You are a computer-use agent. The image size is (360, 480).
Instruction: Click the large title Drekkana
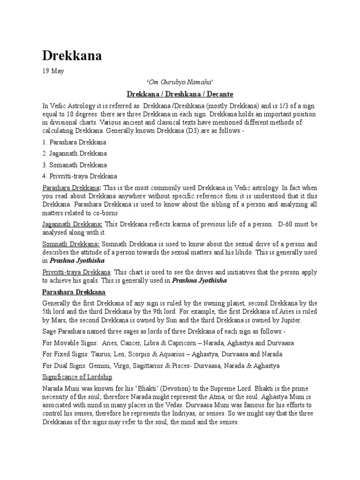pyautogui.click(x=72, y=57)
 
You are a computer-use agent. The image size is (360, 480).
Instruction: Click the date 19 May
pyautogui.click(x=52, y=71)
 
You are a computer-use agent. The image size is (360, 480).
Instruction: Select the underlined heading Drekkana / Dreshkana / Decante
pyautogui.click(x=180, y=94)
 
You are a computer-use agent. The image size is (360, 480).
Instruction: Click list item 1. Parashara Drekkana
pyautogui.click(x=74, y=142)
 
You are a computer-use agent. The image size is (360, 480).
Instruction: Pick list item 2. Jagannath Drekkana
pyautogui.click(x=75, y=153)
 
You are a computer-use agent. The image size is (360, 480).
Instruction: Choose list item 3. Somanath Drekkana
pyautogui.click(x=75, y=165)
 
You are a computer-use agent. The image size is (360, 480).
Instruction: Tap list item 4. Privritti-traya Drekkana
pyautogui.click(x=80, y=176)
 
